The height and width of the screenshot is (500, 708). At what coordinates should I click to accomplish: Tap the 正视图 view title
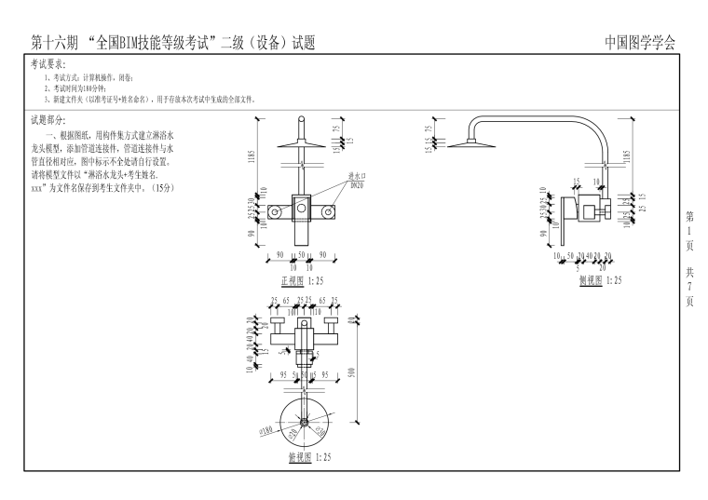click(291, 279)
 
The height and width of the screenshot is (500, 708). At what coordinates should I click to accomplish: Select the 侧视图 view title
click(590, 279)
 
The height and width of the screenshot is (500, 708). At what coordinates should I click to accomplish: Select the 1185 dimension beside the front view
click(251, 158)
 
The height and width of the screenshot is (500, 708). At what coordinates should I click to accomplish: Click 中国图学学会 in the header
click(640, 43)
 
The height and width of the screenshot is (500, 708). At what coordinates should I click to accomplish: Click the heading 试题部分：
click(49, 121)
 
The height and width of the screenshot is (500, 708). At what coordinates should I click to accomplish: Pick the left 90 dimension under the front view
click(280, 253)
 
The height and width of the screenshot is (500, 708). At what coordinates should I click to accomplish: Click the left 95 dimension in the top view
click(273, 375)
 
